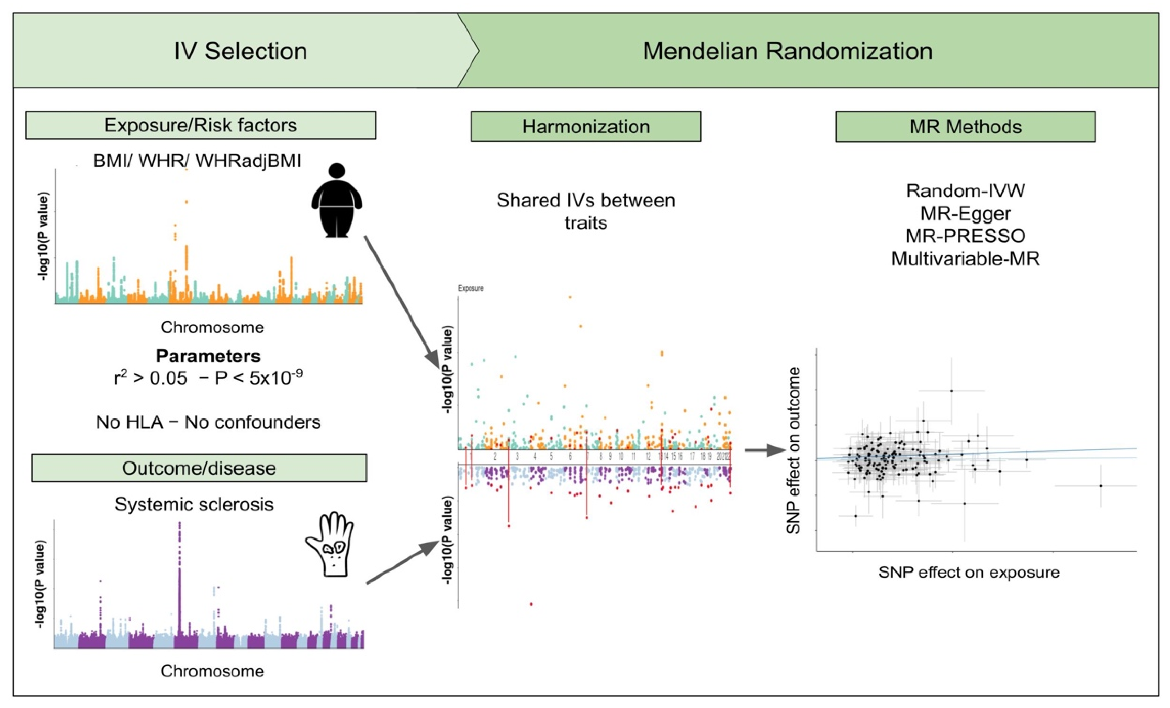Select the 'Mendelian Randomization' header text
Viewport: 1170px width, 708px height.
click(787, 51)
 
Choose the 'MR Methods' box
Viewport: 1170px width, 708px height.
click(965, 127)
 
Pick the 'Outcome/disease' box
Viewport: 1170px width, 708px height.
click(199, 468)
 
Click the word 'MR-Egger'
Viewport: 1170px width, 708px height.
click(965, 213)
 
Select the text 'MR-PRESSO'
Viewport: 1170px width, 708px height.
click(965, 236)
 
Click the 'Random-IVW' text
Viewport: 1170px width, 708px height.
click(965, 190)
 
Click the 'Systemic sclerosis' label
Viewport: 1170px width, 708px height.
click(194, 504)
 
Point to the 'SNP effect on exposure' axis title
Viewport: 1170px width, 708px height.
click(969, 572)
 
